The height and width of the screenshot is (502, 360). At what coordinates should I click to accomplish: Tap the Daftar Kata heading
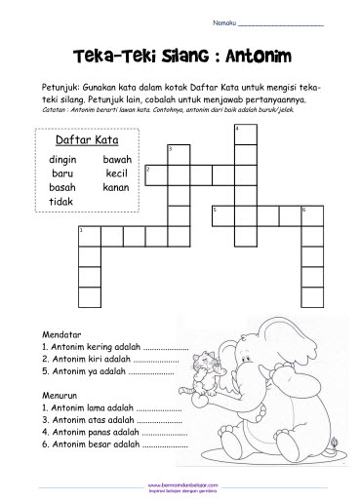point(81,140)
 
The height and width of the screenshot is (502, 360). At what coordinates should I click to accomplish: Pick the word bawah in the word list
point(116,159)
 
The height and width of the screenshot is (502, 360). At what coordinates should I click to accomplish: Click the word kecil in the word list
point(117,173)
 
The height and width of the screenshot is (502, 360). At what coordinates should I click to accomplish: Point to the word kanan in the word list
point(116,186)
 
